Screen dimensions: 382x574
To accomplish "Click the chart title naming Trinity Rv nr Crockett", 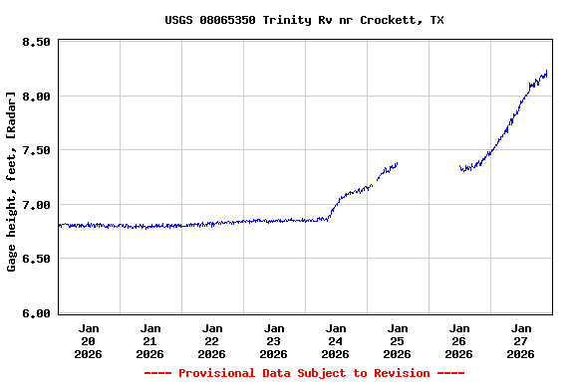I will pyautogui.click(x=304, y=20).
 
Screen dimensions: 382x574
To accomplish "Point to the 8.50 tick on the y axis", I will pyautogui.click(x=36, y=43).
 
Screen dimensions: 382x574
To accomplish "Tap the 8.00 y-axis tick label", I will pyautogui.click(x=36, y=96).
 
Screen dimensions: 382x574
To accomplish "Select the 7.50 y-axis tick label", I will pyautogui.click(x=36, y=151).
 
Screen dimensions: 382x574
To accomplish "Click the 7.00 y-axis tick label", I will pyautogui.click(x=36, y=205).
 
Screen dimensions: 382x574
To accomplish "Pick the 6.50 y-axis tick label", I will pyautogui.click(x=36, y=259).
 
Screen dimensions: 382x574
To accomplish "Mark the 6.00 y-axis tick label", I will pyautogui.click(x=36, y=313).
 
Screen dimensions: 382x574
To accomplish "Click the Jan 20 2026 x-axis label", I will pyautogui.click(x=89, y=340).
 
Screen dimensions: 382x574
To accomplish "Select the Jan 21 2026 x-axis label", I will pyautogui.click(x=150, y=340).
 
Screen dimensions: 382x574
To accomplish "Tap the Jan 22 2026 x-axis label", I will pyautogui.click(x=212, y=340).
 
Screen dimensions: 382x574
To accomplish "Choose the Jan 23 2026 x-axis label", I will pyautogui.click(x=274, y=340).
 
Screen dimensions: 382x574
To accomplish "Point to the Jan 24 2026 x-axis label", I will pyautogui.click(x=336, y=340).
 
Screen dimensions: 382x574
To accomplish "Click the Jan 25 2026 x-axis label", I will pyautogui.click(x=398, y=340).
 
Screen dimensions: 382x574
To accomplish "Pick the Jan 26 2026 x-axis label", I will pyautogui.click(x=459, y=340).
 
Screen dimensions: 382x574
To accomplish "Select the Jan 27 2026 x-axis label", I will pyautogui.click(x=521, y=340).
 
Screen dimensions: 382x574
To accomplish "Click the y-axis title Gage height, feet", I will pyautogui.click(x=12, y=181).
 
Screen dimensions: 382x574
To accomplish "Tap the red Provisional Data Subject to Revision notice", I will pyautogui.click(x=304, y=373).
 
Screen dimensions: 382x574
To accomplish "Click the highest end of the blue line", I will pyautogui.click(x=547, y=72).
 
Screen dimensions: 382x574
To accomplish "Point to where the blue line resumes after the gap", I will pyautogui.click(x=460, y=167).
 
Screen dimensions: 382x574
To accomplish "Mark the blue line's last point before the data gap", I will pyautogui.click(x=398, y=163).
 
